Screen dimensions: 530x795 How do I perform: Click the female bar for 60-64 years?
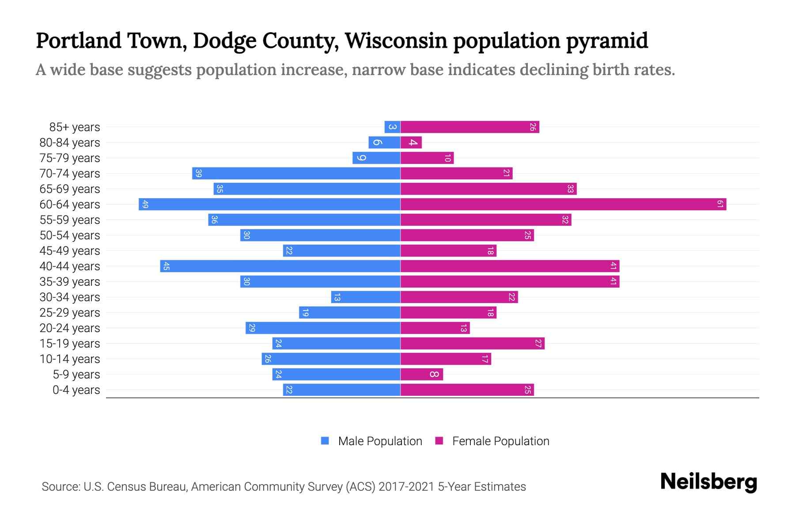pos(563,204)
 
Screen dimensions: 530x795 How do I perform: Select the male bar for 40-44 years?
pos(280,266)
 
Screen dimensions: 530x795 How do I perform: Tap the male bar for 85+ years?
pos(392,127)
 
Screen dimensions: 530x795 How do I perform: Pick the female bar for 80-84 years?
pos(411,142)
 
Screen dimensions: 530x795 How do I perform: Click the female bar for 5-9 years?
pos(421,374)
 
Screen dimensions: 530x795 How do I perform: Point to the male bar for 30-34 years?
pos(366,297)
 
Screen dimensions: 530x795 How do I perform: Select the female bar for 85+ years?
pos(469,127)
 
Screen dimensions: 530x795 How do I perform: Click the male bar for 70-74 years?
pos(296,173)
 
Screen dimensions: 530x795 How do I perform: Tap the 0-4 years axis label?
pos(76,390)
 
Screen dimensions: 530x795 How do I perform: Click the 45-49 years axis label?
pos(70,251)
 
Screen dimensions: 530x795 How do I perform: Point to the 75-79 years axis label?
pos(70,158)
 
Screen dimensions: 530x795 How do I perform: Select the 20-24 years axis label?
pos(70,328)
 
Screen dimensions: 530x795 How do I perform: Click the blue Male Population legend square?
pos(325,441)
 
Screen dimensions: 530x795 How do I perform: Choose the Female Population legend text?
pos(500,441)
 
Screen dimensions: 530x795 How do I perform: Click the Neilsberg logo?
pos(708,482)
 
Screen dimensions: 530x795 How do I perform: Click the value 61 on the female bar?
pos(720,204)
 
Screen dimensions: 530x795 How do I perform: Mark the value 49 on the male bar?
pos(145,204)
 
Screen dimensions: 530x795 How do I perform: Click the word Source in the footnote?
pos(60,487)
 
